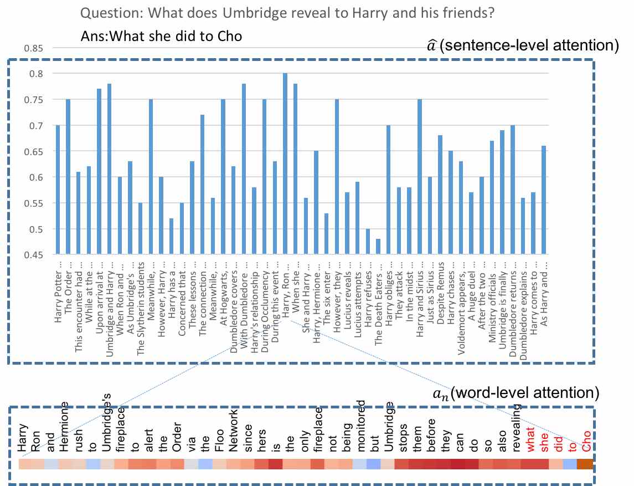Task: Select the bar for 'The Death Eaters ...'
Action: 378,247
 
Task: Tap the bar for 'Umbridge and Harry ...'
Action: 109,169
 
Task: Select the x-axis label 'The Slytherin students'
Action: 141,300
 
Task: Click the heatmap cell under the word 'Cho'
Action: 585,464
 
